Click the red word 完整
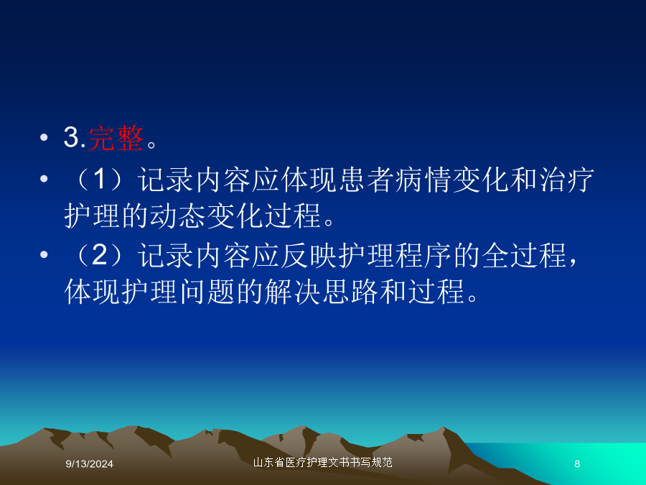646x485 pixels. tap(116, 138)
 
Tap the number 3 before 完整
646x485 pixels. tap(72, 137)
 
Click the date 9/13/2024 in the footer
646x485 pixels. tap(90, 464)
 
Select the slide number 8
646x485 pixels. tap(577, 464)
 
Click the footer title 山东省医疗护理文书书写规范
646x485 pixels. tap(322, 462)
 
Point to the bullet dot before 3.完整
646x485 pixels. tap(44, 137)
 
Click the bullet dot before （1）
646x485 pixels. tap(44, 179)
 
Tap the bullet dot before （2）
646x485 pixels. tap(44, 254)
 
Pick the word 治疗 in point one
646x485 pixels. tap(566, 180)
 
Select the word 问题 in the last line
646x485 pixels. tap(207, 292)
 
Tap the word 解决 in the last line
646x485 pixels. tap(293, 292)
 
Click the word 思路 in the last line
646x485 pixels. tap(350, 292)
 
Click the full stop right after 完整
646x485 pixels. tap(151, 144)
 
